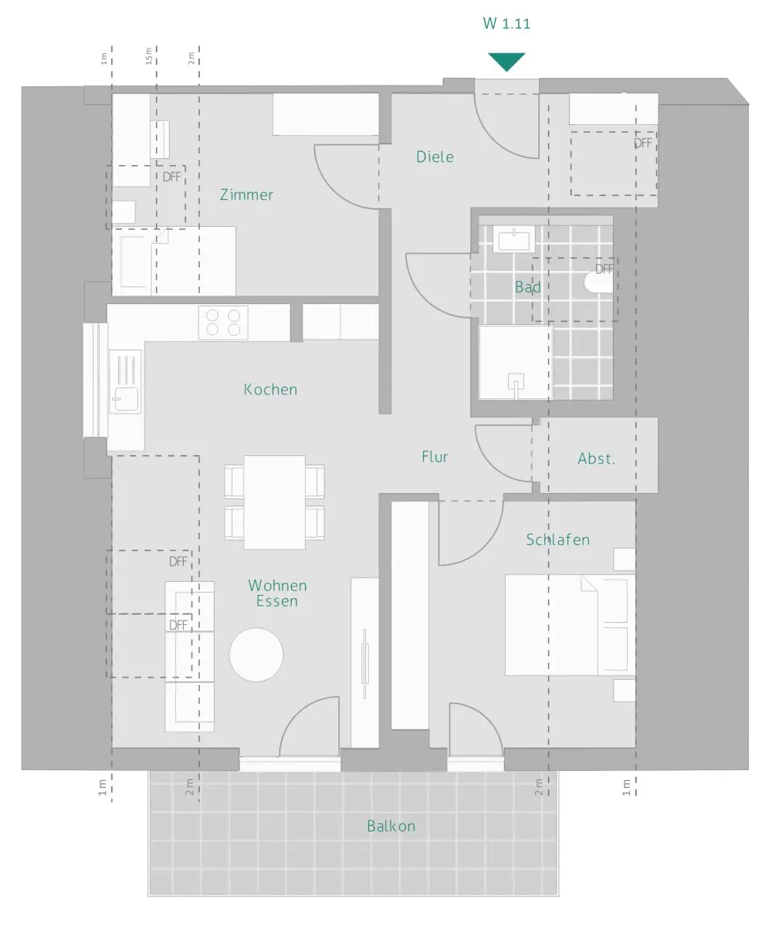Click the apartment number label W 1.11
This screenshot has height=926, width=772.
tap(506, 23)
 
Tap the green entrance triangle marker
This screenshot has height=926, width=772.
tap(506, 62)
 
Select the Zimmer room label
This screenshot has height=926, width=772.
tap(246, 194)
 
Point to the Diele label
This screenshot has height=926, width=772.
tap(435, 157)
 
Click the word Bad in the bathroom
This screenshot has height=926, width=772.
tap(527, 287)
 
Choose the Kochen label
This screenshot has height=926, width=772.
tap(270, 390)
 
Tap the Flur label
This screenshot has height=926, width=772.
tap(435, 456)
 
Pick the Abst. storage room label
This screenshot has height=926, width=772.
tap(596, 458)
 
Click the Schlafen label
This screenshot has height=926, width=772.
tap(557, 539)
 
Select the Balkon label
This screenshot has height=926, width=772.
tap(391, 826)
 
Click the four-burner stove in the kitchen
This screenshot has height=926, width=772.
tap(223, 323)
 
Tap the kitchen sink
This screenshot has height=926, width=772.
tap(126, 381)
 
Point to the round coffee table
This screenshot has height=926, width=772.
tap(256, 654)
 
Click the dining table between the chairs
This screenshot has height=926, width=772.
tap(274, 502)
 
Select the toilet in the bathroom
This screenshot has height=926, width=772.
tap(599, 282)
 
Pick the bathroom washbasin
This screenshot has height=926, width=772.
tap(514, 239)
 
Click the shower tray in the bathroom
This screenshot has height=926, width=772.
tap(516, 363)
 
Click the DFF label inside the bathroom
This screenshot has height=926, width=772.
tap(604, 269)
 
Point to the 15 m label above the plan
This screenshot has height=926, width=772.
tap(149, 56)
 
